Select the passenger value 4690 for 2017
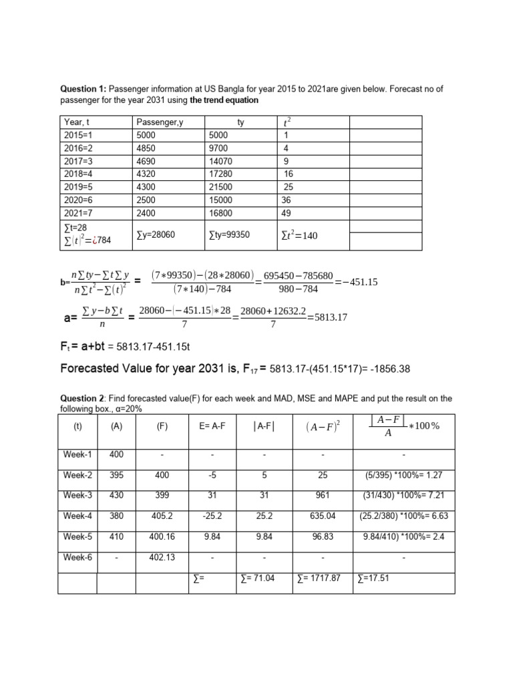(x=146, y=160)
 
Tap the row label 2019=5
(x=77, y=186)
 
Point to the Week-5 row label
(x=77, y=536)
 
